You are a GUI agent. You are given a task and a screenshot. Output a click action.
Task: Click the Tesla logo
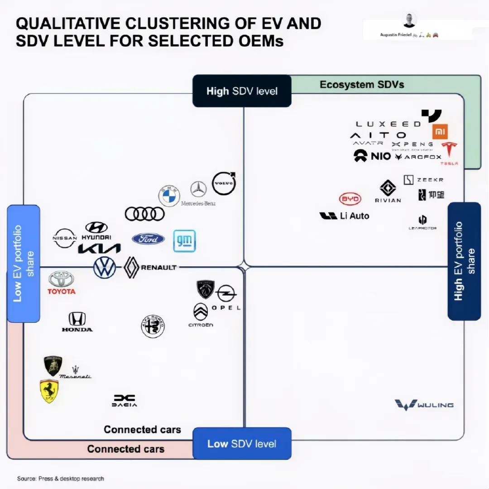[450, 153]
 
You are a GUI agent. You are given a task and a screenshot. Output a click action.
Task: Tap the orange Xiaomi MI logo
[439, 132]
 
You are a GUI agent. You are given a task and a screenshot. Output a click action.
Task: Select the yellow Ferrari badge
[49, 391]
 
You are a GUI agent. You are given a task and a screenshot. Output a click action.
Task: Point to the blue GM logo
[184, 241]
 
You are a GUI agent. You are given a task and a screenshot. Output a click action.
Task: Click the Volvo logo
[224, 183]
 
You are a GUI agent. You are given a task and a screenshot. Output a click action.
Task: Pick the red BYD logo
[350, 199]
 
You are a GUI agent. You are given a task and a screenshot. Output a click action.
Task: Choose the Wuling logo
[424, 404]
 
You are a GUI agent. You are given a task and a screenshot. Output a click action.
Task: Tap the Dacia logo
[125, 400]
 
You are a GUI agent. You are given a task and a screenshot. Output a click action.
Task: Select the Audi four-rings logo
[144, 214]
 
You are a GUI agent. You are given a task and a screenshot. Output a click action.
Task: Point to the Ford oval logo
[149, 239]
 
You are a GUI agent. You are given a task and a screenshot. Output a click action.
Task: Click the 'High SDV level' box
[242, 91]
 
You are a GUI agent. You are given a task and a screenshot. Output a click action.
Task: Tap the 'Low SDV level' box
[242, 443]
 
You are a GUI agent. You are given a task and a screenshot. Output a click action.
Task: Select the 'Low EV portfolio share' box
[24, 264]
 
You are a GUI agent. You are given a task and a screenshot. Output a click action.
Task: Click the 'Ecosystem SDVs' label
[362, 84]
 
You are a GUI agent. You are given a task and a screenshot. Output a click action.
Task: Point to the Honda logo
[77, 322]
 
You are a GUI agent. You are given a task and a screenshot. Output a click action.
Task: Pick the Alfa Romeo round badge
[153, 326]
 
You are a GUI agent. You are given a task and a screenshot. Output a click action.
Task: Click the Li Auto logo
[344, 216]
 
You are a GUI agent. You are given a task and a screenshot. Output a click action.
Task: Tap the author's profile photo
[409, 20]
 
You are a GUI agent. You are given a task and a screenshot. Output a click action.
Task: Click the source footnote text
[60, 479]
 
